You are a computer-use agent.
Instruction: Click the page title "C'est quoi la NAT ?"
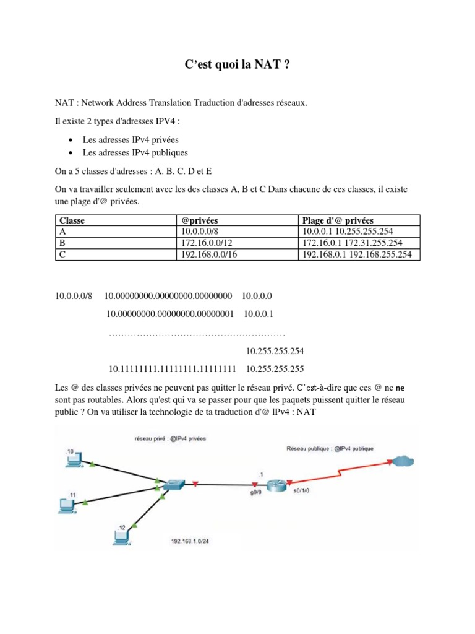(237, 64)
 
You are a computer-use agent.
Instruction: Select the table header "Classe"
(72, 220)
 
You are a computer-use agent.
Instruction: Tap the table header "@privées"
(199, 220)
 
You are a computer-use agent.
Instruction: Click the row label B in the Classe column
(62, 243)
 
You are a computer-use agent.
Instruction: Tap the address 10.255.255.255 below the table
(275, 370)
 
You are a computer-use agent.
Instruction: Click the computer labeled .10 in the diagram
(74, 459)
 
